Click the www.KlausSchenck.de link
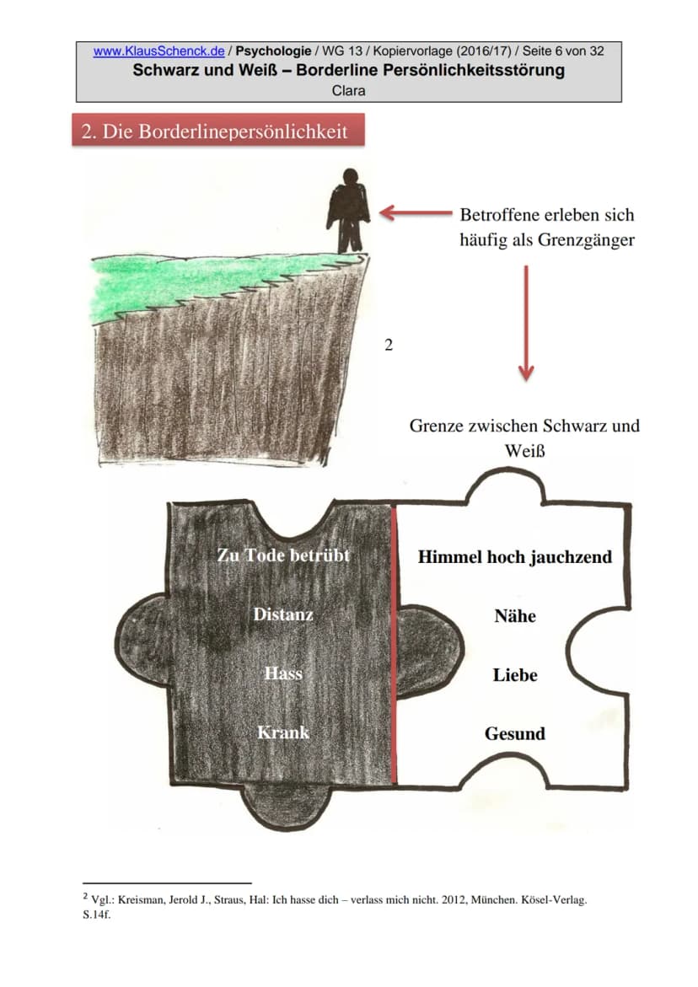(158, 51)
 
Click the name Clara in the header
(349, 91)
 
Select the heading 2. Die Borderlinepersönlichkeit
(215, 131)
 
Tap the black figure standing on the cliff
(347, 210)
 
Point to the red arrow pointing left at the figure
(416, 212)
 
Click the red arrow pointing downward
(526, 322)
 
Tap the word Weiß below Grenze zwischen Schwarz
(524, 451)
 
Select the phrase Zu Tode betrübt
(283, 555)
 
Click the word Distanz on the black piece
(283, 614)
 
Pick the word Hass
(283, 673)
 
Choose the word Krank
(283, 732)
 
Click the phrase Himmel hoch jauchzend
(515, 557)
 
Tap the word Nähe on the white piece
(515, 615)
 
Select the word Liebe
(515, 675)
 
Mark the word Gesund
(515, 733)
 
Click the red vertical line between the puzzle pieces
(395, 644)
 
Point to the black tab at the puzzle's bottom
(287, 806)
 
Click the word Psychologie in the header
(273, 51)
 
